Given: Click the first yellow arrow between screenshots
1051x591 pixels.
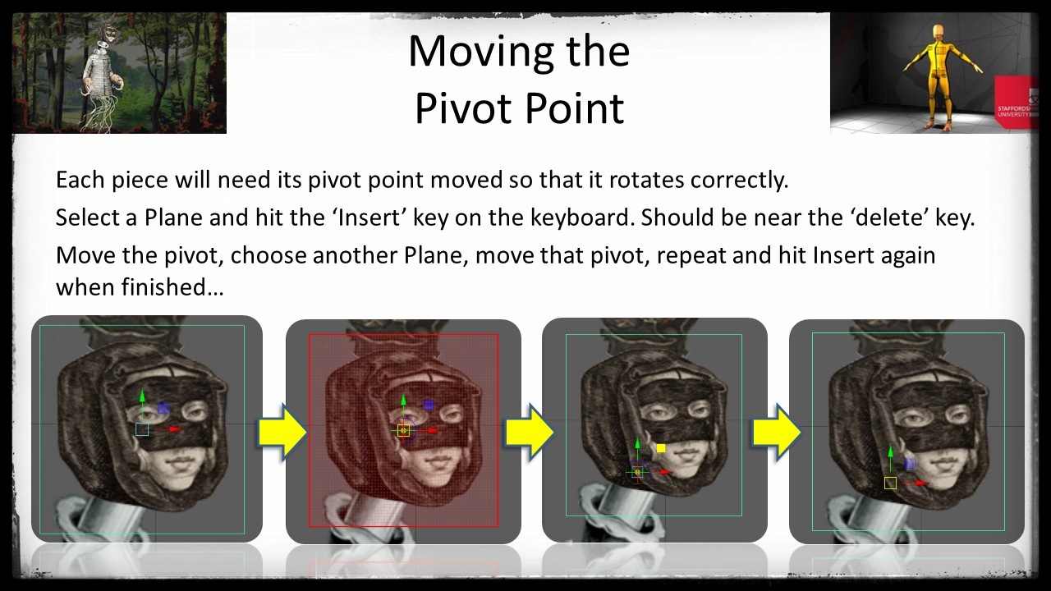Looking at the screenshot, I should [281, 431].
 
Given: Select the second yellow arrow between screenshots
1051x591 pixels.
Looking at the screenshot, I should [529, 431].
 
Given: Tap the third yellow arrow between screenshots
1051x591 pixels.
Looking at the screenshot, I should [776, 431].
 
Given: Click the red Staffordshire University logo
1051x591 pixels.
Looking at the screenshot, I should [1017, 103].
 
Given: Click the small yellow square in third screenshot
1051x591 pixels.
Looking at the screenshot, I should [661, 448].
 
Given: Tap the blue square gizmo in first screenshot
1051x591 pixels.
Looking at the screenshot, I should [163, 408].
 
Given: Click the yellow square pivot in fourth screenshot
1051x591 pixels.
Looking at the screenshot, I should [890, 483].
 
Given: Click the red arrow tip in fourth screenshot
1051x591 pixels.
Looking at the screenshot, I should [922, 483].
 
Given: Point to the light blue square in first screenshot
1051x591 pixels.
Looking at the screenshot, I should [142, 429].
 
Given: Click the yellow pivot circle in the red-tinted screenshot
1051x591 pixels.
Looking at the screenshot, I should [403, 430].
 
